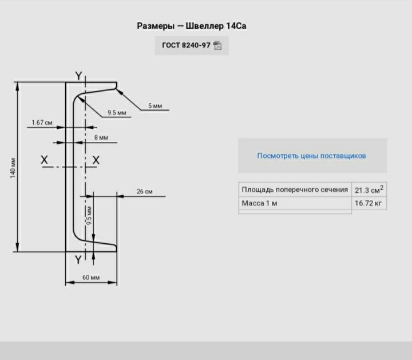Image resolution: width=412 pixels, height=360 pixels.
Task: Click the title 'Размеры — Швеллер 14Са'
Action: [192, 26]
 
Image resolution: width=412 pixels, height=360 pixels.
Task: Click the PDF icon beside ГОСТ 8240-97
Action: [217, 46]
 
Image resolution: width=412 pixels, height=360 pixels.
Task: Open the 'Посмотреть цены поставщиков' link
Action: [311, 156]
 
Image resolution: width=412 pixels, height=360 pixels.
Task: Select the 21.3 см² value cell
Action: [369, 189]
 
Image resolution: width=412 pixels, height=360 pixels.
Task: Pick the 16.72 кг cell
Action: [369, 204]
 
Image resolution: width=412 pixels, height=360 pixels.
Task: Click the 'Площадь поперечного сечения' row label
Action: [295, 189]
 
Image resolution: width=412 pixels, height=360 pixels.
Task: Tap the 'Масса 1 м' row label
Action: [260, 204]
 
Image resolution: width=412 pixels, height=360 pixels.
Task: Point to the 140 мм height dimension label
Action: [13, 167]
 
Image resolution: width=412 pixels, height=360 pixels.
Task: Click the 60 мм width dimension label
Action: [91, 278]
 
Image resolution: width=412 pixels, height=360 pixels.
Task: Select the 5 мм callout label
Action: [155, 106]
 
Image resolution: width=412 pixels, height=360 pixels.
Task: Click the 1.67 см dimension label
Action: [42, 122]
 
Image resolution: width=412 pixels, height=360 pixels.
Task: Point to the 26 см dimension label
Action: [145, 192]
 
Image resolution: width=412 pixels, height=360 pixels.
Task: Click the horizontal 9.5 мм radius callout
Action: [117, 113]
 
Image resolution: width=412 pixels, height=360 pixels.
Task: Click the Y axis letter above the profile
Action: [78, 76]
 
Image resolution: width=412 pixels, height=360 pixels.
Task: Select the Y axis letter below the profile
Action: [78, 260]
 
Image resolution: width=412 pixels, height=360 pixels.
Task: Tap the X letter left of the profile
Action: [45, 160]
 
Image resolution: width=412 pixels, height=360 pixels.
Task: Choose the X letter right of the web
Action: [96, 160]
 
